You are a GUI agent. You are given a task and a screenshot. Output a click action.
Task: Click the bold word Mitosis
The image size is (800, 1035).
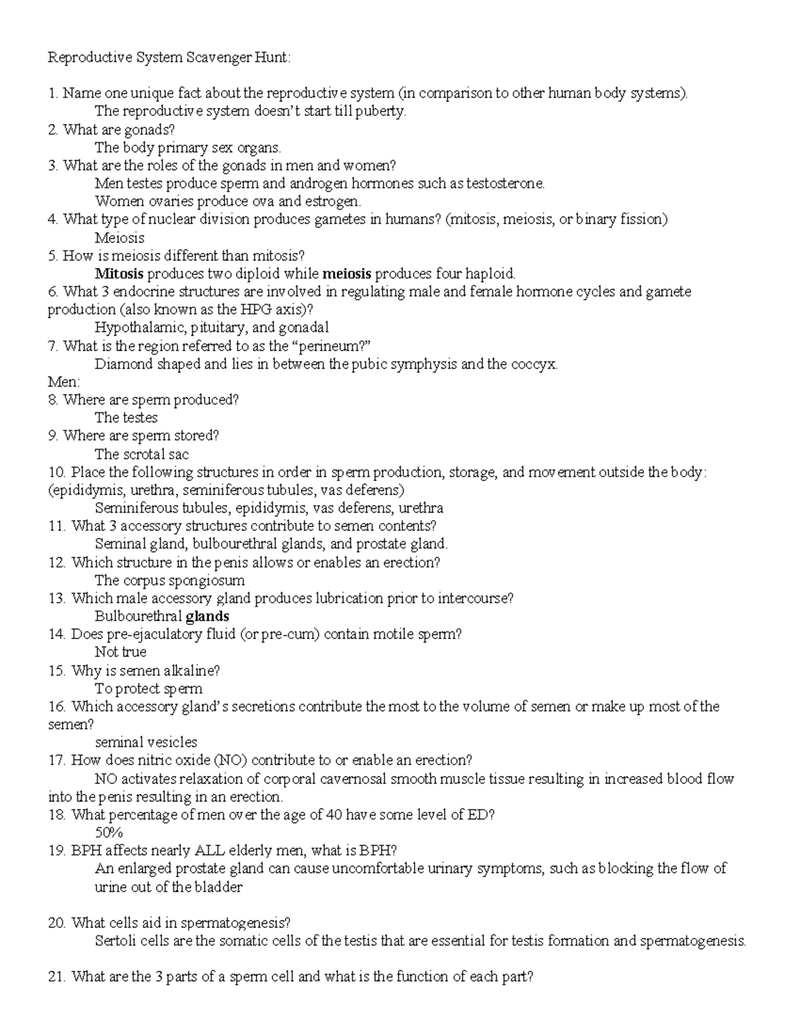[x=119, y=273]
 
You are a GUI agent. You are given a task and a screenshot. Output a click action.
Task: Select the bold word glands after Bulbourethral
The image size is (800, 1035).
[x=207, y=616]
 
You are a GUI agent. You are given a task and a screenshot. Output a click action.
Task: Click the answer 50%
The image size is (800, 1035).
[x=109, y=832]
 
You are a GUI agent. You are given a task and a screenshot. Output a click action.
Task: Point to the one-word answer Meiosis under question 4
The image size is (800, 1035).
[x=119, y=238]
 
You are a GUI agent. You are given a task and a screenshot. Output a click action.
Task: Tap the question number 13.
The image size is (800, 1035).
[x=57, y=598]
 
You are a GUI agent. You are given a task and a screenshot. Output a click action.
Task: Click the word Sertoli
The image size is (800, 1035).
[x=117, y=941]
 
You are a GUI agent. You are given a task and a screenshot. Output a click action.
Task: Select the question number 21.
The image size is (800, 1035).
[x=57, y=977]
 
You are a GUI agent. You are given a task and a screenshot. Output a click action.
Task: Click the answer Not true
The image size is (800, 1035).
[x=121, y=652]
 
